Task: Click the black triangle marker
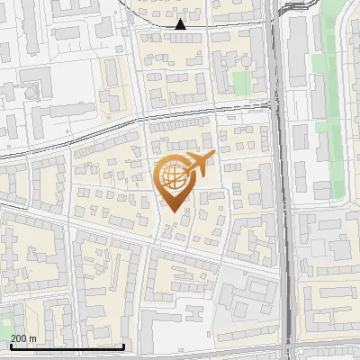(x=181, y=24)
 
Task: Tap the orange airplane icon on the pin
(x=196, y=165)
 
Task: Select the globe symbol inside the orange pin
(x=172, y=177)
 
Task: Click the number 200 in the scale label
(x=20, y=338)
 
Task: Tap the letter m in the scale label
(x=34, y=338)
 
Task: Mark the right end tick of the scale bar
(x=124, y=346)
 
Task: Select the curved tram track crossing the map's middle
(x=135, y=118)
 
